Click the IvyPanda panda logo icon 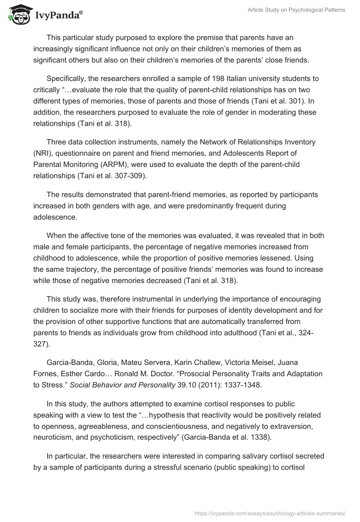tap(18, 15)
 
